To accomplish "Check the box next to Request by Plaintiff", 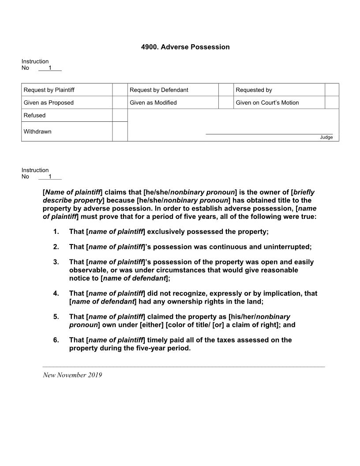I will (120, 90).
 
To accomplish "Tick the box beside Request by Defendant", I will (225, 90).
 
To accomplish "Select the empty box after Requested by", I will (332, 90).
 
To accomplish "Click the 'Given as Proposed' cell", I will (49, 103).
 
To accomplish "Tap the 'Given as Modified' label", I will (153, 103).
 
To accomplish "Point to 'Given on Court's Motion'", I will (267, 103).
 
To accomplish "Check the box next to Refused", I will (120, 115).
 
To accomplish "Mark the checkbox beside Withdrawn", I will (120, 132).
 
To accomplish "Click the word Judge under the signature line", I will (326, 137).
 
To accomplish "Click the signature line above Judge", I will (269, 133).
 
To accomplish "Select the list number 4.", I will (56, 293).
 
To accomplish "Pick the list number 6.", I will (56, 340).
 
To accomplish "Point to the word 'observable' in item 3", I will (87, 270).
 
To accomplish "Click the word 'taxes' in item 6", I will (231, 340).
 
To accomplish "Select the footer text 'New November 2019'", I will (72, 375).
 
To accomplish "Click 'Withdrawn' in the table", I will (37, 132).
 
